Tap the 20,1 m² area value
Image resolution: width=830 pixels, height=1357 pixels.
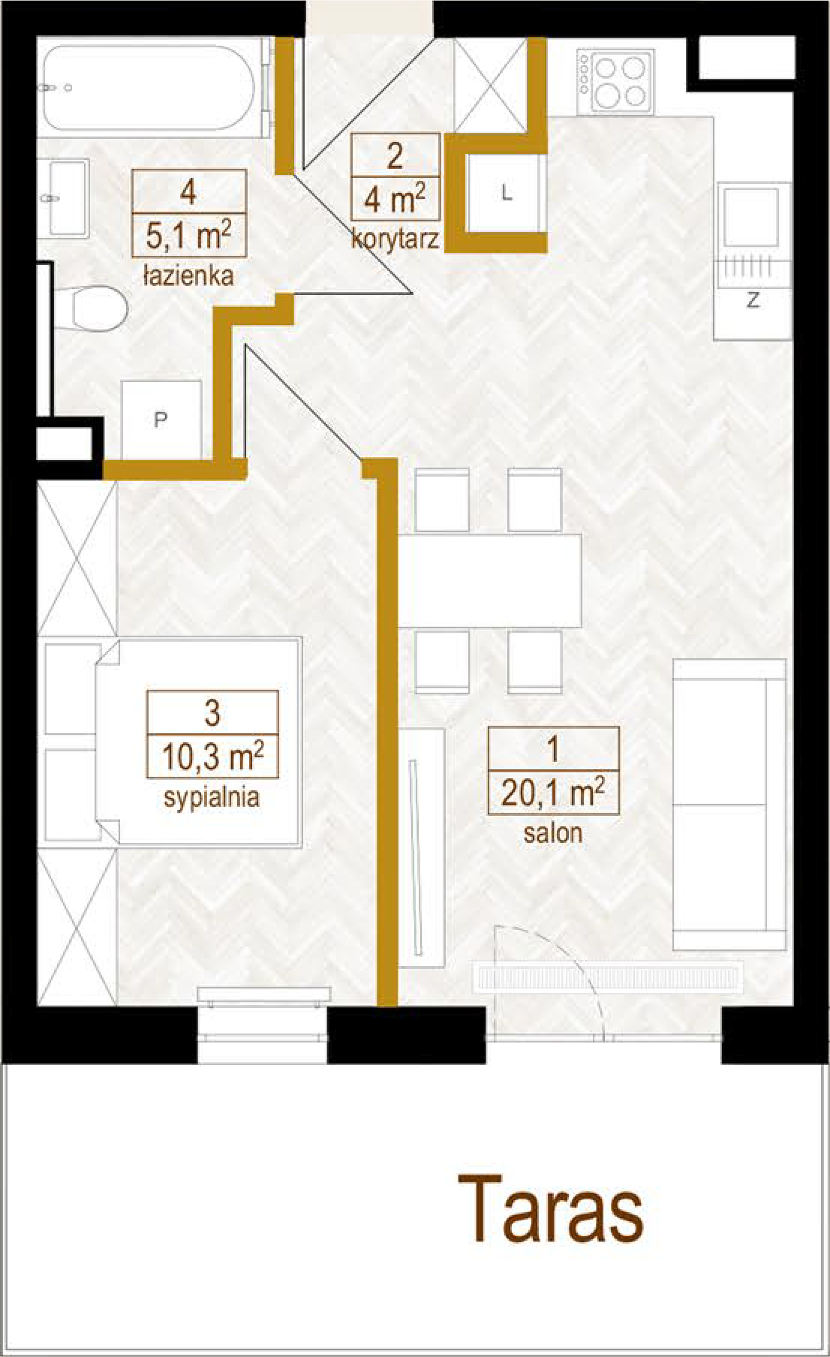point(553,792)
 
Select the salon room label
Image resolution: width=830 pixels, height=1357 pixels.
point(553,832)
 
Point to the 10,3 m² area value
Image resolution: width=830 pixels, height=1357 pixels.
point(212,756)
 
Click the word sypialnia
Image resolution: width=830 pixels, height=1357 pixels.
point(212,796)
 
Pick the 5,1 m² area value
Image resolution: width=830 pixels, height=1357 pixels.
point(188,235)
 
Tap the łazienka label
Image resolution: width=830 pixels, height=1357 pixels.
point(188,275)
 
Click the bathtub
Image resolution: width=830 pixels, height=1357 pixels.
point(150,89)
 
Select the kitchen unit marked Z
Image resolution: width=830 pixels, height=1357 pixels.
point(753,260)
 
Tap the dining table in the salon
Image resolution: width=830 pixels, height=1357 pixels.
point(489,580)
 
